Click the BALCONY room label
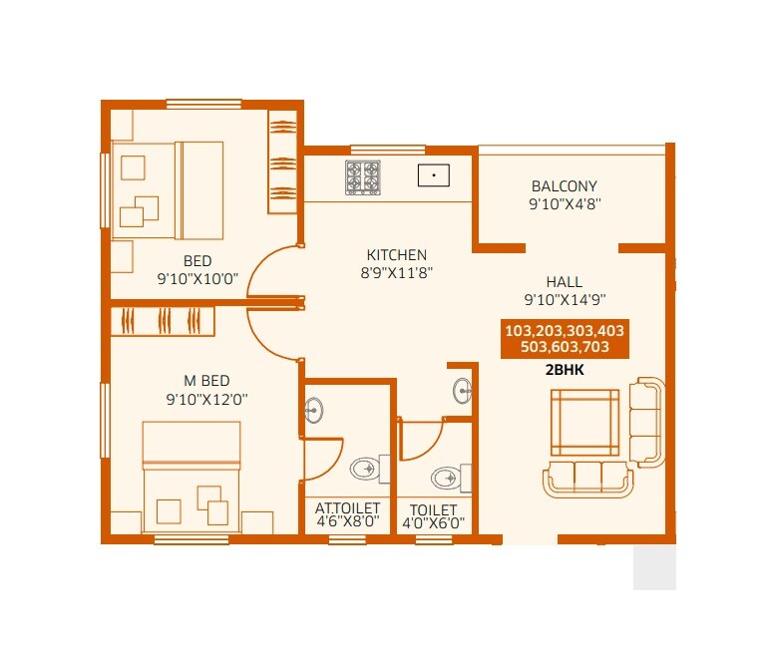(x=564, y=186)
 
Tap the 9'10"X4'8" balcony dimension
(x=564, y=203)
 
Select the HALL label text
(x=565, y=282)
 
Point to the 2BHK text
(x=565, y=368)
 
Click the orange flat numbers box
(x=566, y=339)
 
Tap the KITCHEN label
(x=396, y=255)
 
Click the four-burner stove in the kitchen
(x=363, y=177)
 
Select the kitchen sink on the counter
(x=434, y=175)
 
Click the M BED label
(x=206, y=380)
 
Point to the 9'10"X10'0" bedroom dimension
(x=196, y=280)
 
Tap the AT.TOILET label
(x=347, y=507)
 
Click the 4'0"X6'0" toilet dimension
(x=432, y=522)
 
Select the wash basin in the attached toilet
(x=313, y=410)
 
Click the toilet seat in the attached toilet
(x=366, y=468)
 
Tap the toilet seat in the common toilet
(x=448, y=478)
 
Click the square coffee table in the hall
(x=584, y=422)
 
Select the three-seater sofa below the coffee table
(x=588, y=479)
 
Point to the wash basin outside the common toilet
(x=462, y=389)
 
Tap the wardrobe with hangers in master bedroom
(x=163, y=321)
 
